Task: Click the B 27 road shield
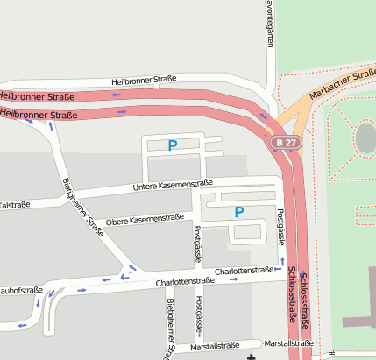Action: (x=283, y=142)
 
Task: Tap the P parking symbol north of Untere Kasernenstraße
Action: (x=173, y=145)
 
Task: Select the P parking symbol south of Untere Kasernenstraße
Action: (x=239, y=211)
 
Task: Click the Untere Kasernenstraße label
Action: (x=173, y=185)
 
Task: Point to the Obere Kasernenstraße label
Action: (x=145, y=218)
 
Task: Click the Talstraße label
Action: (x=14, y=204)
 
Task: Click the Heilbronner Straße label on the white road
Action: (x=145, y=81)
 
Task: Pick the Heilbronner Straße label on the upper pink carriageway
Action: (x=35, y=95)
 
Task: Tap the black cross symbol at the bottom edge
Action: (x=252, y=356)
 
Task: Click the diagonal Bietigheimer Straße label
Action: (x=83, y=202)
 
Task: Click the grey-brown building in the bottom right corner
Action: (x=359, y=320)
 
